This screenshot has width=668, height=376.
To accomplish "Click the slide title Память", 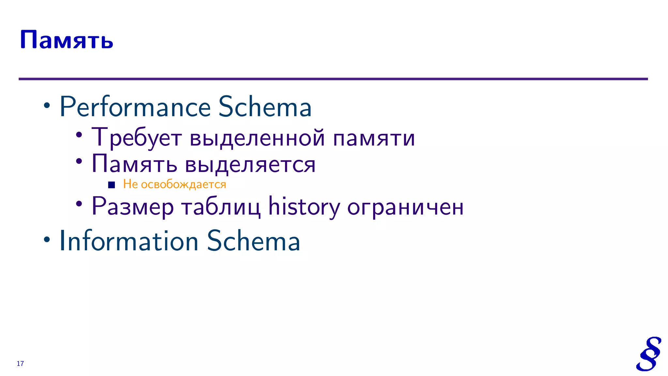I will click(x=67, y=40).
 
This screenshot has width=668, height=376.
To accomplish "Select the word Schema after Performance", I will click(x=265, y=107).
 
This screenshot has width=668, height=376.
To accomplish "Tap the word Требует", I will click(x=136, y=137).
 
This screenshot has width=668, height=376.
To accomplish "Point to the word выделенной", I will click(x=257, y=137).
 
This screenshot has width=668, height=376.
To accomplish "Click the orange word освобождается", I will click(x=183, y=184).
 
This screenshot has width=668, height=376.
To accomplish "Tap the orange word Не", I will click(x=130, y=184).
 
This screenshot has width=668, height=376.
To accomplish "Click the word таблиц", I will click(x=221, y=207).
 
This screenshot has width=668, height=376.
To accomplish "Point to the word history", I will click(x=304, y=207).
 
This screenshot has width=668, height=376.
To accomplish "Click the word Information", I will click(x=129, y=241).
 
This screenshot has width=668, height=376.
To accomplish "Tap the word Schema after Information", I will click(x=253, y=241).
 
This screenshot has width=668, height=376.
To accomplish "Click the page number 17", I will click(x=20, y=364).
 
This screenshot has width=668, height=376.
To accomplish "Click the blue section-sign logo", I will click(x=648, y=354).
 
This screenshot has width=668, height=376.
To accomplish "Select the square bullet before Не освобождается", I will click(x=112, y=185).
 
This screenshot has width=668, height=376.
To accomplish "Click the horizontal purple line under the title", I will click(x=333, y=79).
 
